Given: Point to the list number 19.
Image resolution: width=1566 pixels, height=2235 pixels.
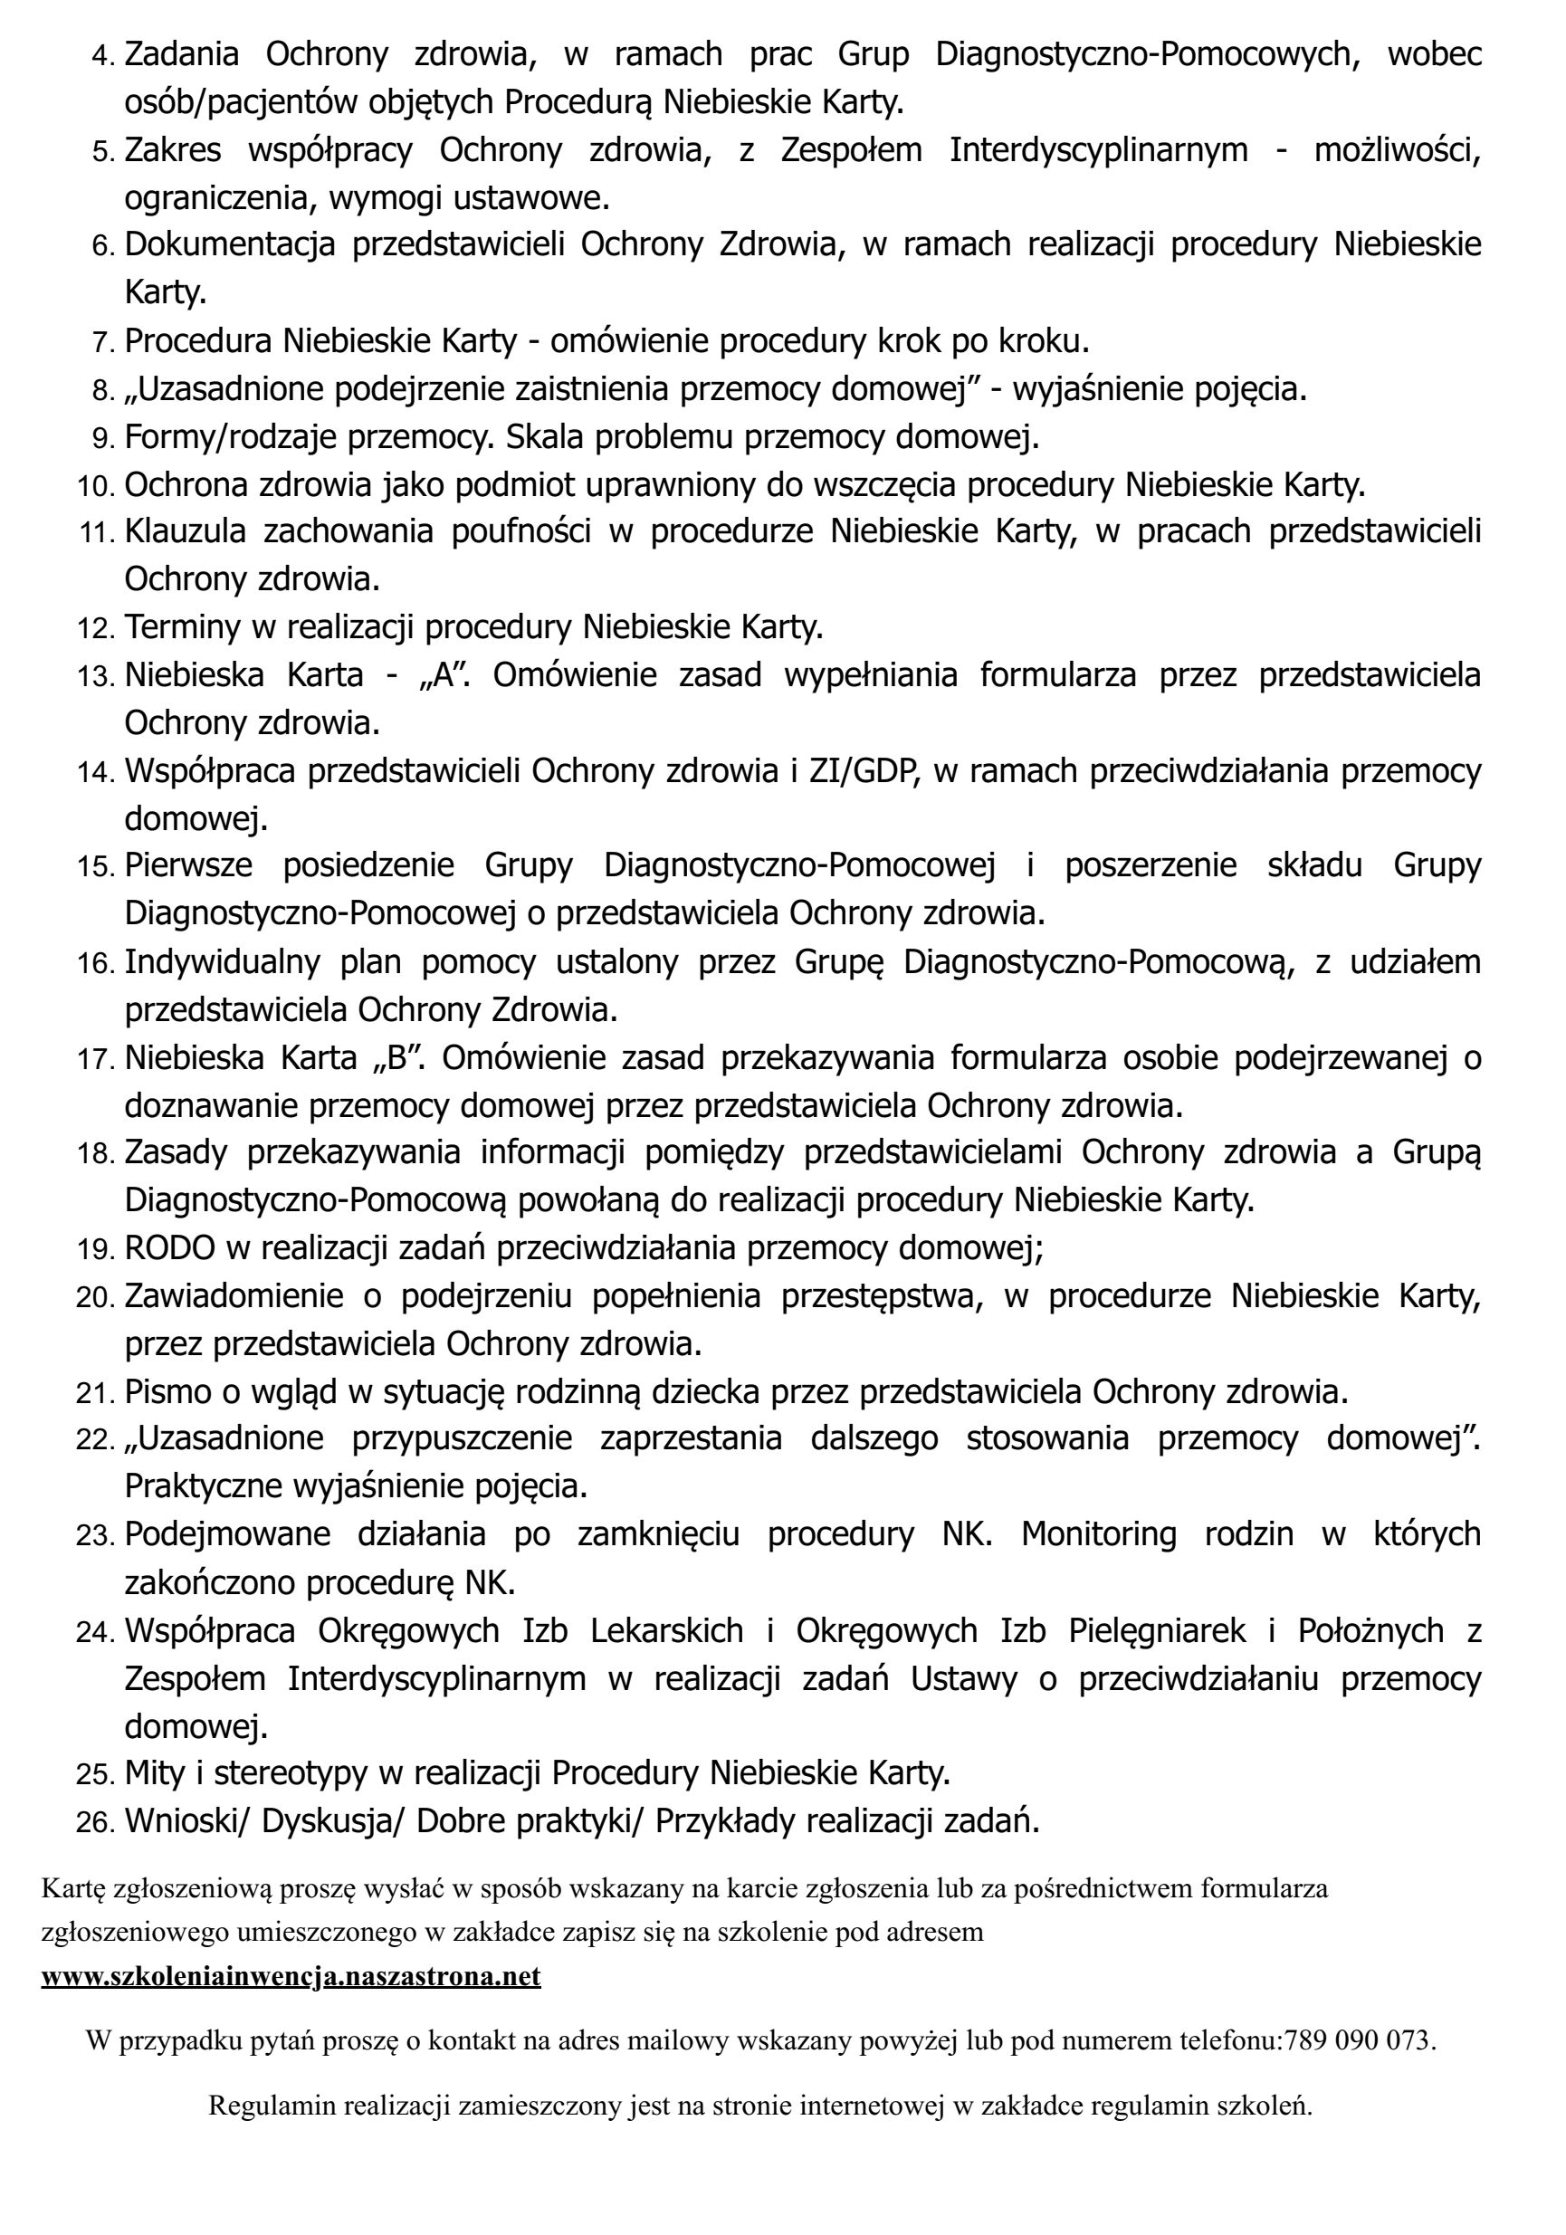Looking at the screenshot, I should (96, 1250).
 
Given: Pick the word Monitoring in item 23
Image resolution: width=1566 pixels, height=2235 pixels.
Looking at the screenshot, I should (1098, 1534).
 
